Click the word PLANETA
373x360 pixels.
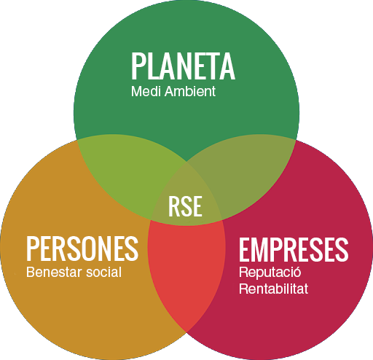point(183,66)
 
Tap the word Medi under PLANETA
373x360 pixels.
point(146,91)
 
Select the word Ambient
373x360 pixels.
point(190,91)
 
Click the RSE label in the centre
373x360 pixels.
point(185,206)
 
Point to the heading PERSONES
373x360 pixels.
point(82,249)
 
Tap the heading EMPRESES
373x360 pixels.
point(294,250)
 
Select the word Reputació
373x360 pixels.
point(270,272)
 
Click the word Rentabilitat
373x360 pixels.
point(274,289)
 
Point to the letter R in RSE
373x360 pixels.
point(174,206)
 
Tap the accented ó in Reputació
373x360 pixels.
point(297,271)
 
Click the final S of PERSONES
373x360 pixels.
point(132,249)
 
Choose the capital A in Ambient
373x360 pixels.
point(170,91)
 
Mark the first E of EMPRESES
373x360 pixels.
point(246,250)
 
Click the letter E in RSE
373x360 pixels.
point(197,206)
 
